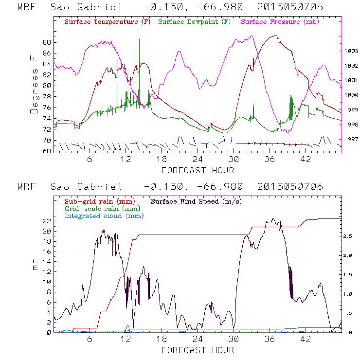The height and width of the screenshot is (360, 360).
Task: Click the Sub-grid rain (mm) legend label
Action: point(95,201)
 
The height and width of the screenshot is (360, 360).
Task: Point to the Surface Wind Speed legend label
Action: point(197,201)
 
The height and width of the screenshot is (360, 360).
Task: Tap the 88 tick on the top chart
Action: point(47,42)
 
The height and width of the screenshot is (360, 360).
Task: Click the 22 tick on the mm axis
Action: point(47,221)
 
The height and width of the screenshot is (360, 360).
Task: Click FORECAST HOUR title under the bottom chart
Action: point(198,350)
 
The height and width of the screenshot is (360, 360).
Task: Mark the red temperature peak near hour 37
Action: point(276,36)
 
